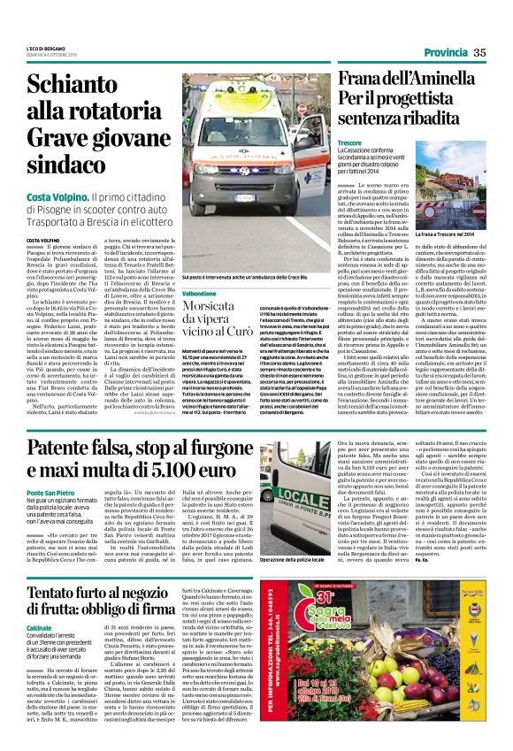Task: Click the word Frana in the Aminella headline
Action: coord(364,78)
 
